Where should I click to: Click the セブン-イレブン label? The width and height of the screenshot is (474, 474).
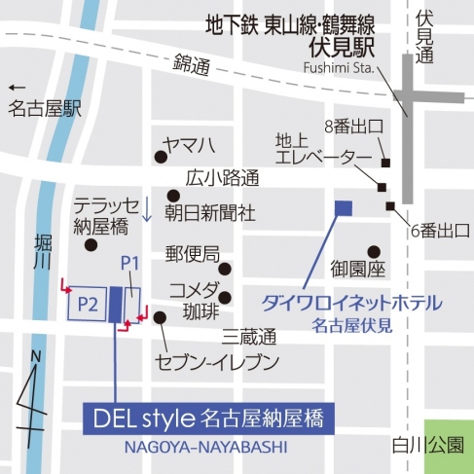(x=217, y=363)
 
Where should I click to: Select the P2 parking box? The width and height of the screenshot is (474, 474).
(x=85, y=305)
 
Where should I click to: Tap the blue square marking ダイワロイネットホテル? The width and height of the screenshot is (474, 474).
(x=343, y=206)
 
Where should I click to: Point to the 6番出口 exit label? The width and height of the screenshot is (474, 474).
(x=439, y=230)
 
